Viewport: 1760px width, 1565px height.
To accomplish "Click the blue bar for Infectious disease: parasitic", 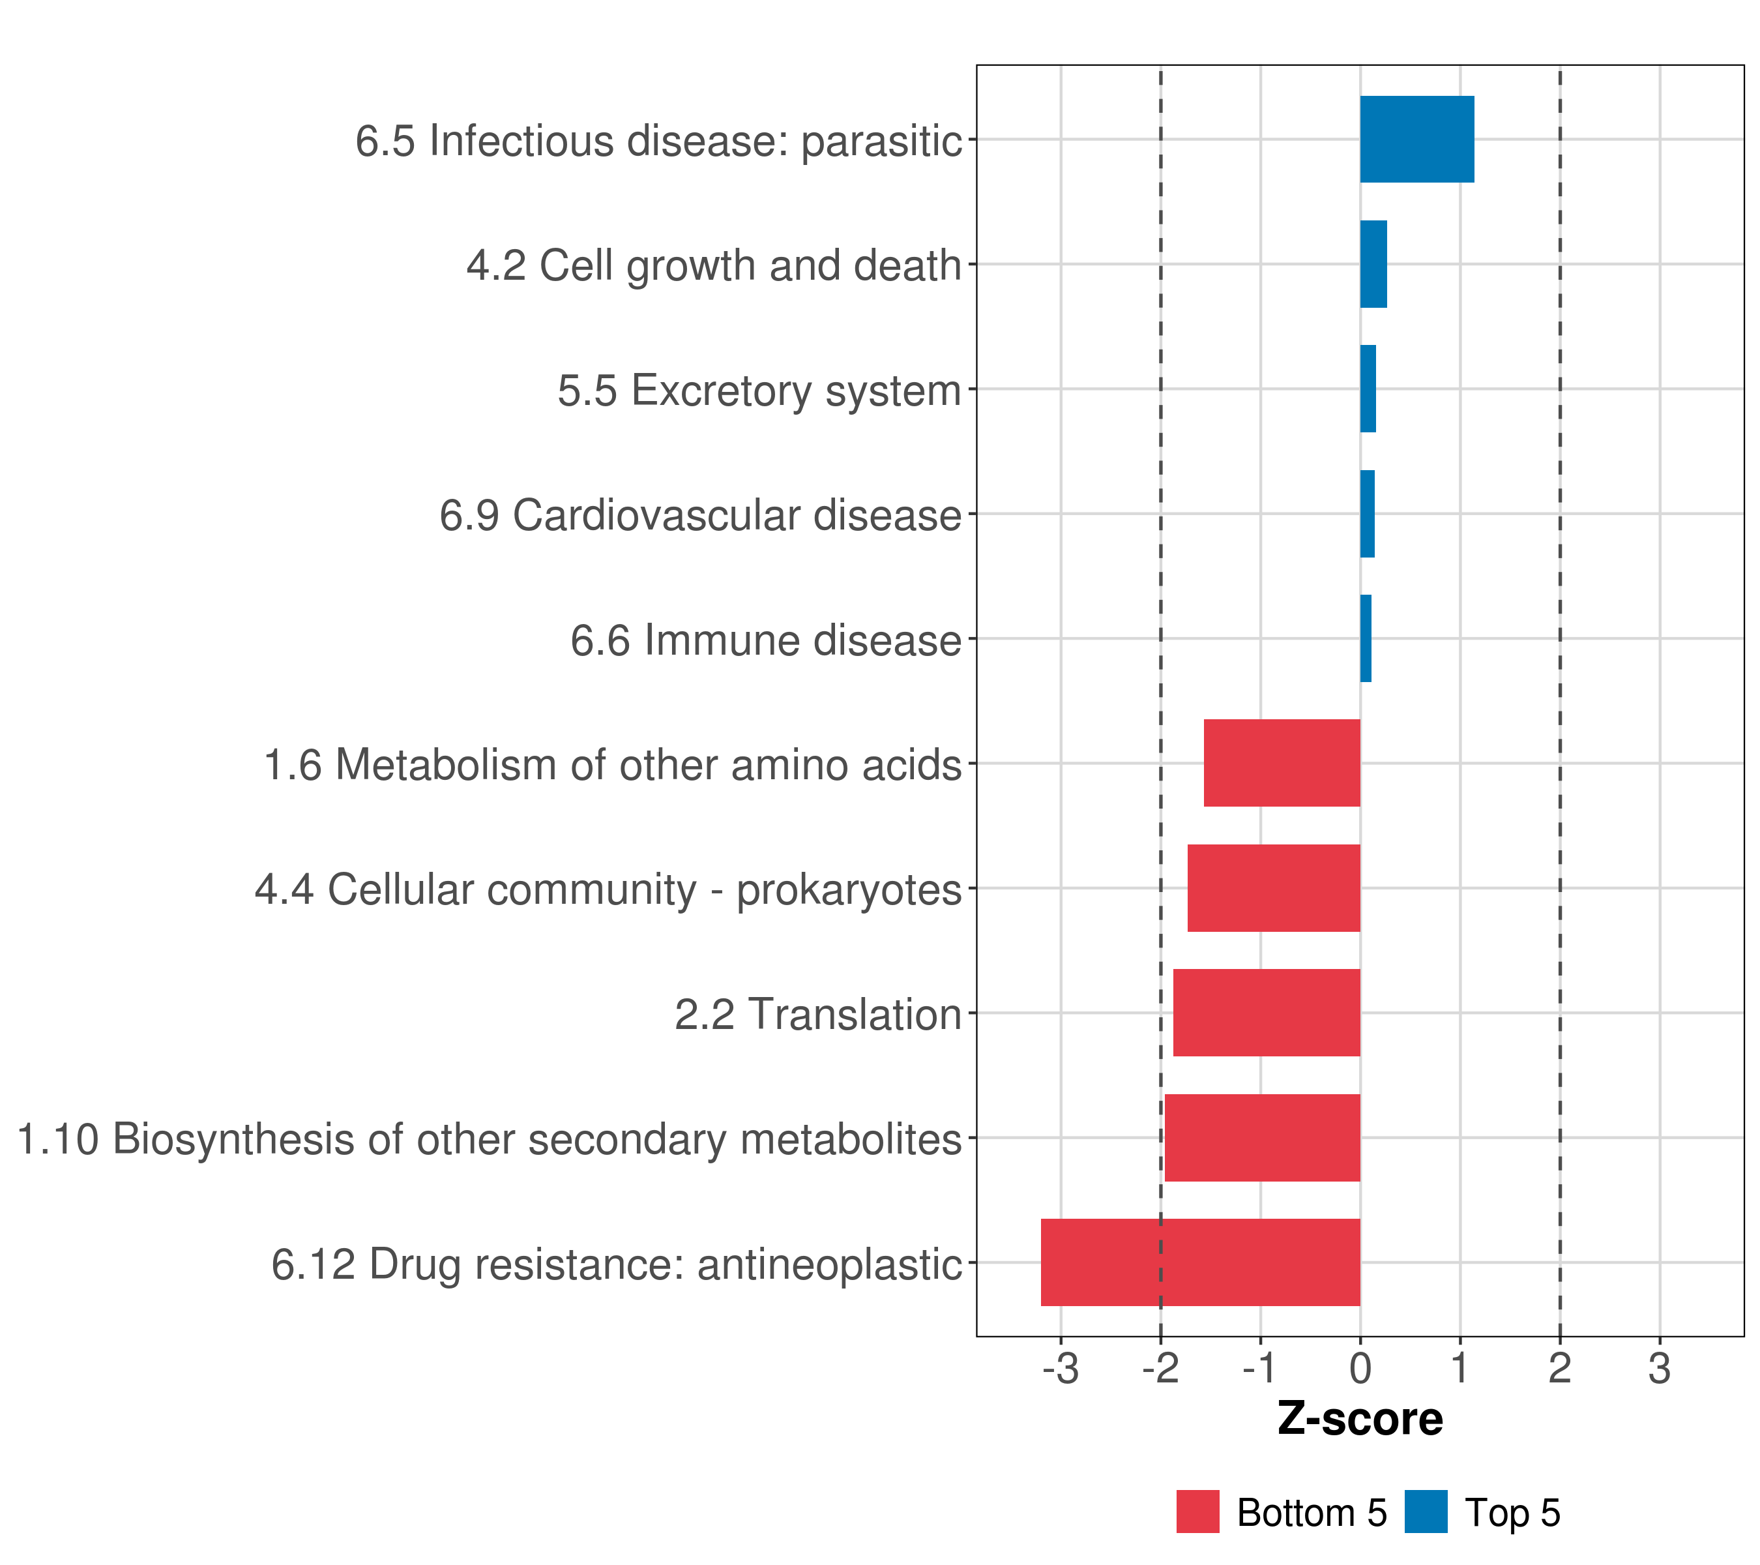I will [x=1416, y=139].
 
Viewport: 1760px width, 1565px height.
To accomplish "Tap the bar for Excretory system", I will [x=1368, y=389].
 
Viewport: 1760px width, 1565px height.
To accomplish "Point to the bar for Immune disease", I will [x=1366, y=638].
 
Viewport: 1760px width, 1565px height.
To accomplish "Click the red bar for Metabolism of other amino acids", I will [x=1282, y=763].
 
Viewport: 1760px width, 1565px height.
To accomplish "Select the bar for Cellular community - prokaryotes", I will [x=1274, y=888].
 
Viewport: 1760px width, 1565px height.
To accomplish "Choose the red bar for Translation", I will [x=1267, y=1013].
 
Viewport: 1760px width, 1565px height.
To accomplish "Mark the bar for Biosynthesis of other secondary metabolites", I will [x=1262, y=1138].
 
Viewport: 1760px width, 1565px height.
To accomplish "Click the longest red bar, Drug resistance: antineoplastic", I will [x=1200, y=1262].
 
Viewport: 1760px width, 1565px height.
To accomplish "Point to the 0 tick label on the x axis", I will [x=1360, y=1369].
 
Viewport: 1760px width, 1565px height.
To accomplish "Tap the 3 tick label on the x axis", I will [x=1659, y=1369].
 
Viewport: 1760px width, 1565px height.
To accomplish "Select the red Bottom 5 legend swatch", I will [x=1197, y=1512].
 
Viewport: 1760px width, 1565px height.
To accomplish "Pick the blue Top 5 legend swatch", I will [x=1426, y=1512].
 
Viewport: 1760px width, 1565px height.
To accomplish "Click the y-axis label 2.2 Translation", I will [x=817, y=1015].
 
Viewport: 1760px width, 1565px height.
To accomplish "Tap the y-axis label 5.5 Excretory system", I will [x=759, y=390].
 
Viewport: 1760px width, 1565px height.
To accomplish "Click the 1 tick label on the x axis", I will [x=1459, y=1369].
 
